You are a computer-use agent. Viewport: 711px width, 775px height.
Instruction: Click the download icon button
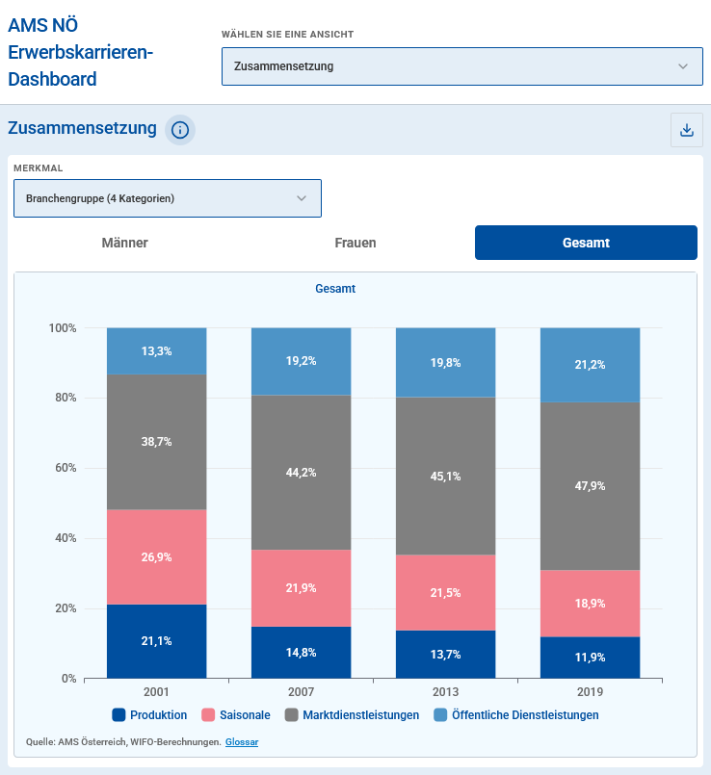pos(687,130)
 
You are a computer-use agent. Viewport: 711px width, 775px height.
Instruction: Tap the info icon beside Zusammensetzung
pos(180,130)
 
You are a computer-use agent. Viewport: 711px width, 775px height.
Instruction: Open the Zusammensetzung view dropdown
pos(461,66)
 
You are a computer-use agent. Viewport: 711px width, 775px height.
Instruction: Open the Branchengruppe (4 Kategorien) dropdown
pos(168,198)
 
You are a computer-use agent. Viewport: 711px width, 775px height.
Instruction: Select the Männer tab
pos(125,243)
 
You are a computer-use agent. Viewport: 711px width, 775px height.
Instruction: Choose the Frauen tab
pos(355,243)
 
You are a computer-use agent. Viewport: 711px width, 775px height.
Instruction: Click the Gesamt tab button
pos(586,243)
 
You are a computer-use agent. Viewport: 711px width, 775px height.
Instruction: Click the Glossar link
pos(242,741)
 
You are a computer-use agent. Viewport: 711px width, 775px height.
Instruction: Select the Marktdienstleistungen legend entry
pos(352,715)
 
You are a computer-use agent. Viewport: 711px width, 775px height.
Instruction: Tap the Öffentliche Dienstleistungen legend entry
pos(516,715)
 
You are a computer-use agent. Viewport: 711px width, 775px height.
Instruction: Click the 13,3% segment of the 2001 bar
pos(156,351)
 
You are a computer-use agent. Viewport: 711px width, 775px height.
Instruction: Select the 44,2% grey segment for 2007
pos(301,473)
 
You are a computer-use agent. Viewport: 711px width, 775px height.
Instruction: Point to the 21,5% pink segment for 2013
pos(445,593)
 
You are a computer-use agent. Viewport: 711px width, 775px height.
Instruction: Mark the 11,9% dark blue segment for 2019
pos(590,658)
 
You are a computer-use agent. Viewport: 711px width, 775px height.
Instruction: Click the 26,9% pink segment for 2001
pos(156,557)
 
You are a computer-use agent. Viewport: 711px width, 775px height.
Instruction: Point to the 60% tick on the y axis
pos(63,468)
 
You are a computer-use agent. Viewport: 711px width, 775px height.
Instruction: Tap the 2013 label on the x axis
pos(445,692)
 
